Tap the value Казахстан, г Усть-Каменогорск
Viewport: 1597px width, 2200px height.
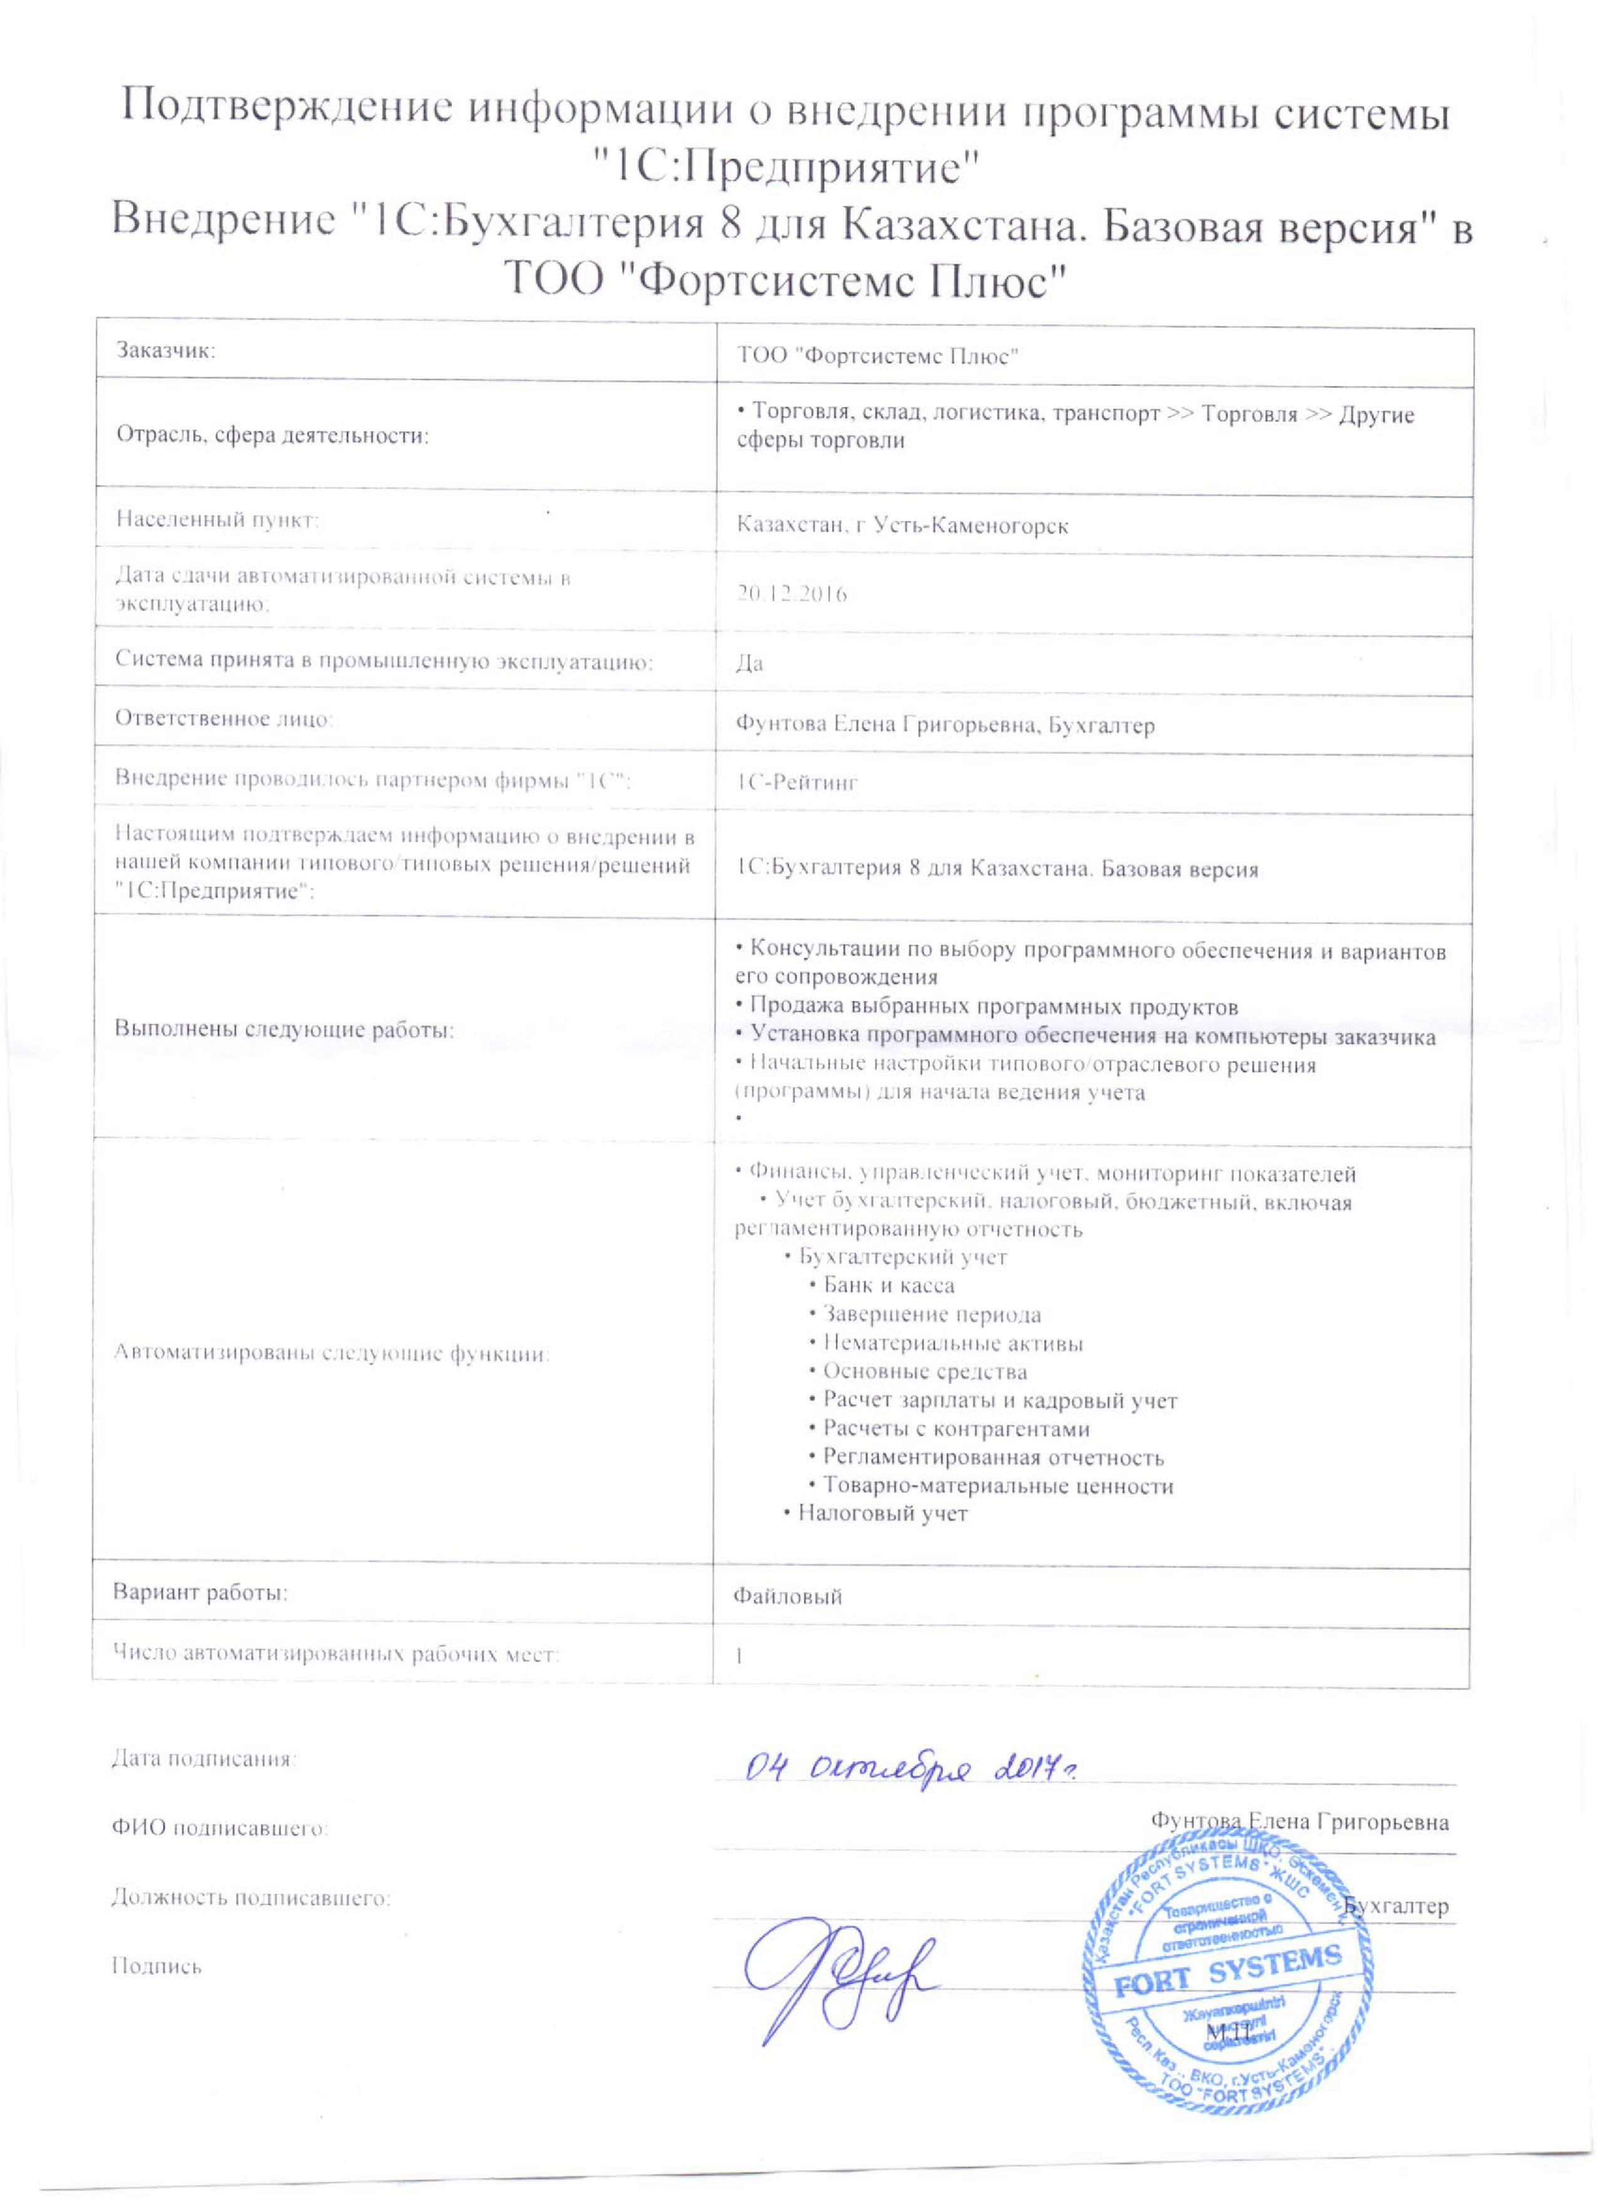pos(902,526)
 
